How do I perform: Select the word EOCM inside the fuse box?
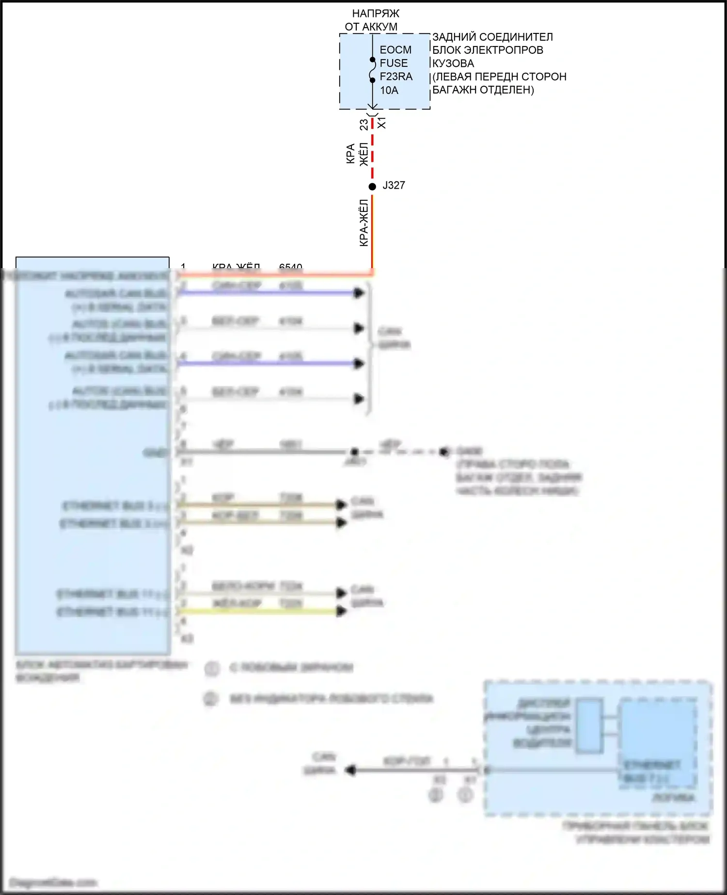pyautogui.click(x=395, y=50)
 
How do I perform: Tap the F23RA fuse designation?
pyautogui.click(x=396, y=77)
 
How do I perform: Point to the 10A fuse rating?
pyautogui.click(x=389, y=90)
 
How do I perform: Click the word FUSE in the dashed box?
pyautogui.click(x=394, y=63)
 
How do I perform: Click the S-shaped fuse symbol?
pyautogui.click(x=372, y=70)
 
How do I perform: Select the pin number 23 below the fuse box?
pyautogui.click(x=363, y=125)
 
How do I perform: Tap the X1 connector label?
pyautogui.click(x=382, y=123)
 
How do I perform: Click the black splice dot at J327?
pyautogui.click(x=372, y=187)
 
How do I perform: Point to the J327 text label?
pyautogui.click(x=394, y=185)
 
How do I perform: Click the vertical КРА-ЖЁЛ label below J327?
pyautogui.click(x=363, y=223)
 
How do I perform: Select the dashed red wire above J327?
pyautogui.click(x=372, y=150)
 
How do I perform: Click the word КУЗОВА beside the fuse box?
pyautogui.click(x=453, y=64)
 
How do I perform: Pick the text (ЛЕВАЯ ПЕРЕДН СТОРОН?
pyautogui.click(x=499, y=77)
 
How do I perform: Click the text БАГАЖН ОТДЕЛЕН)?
pyautogui.click(x=483, y=90)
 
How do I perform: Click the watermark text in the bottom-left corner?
pyautogui.click(x=53, y=882)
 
